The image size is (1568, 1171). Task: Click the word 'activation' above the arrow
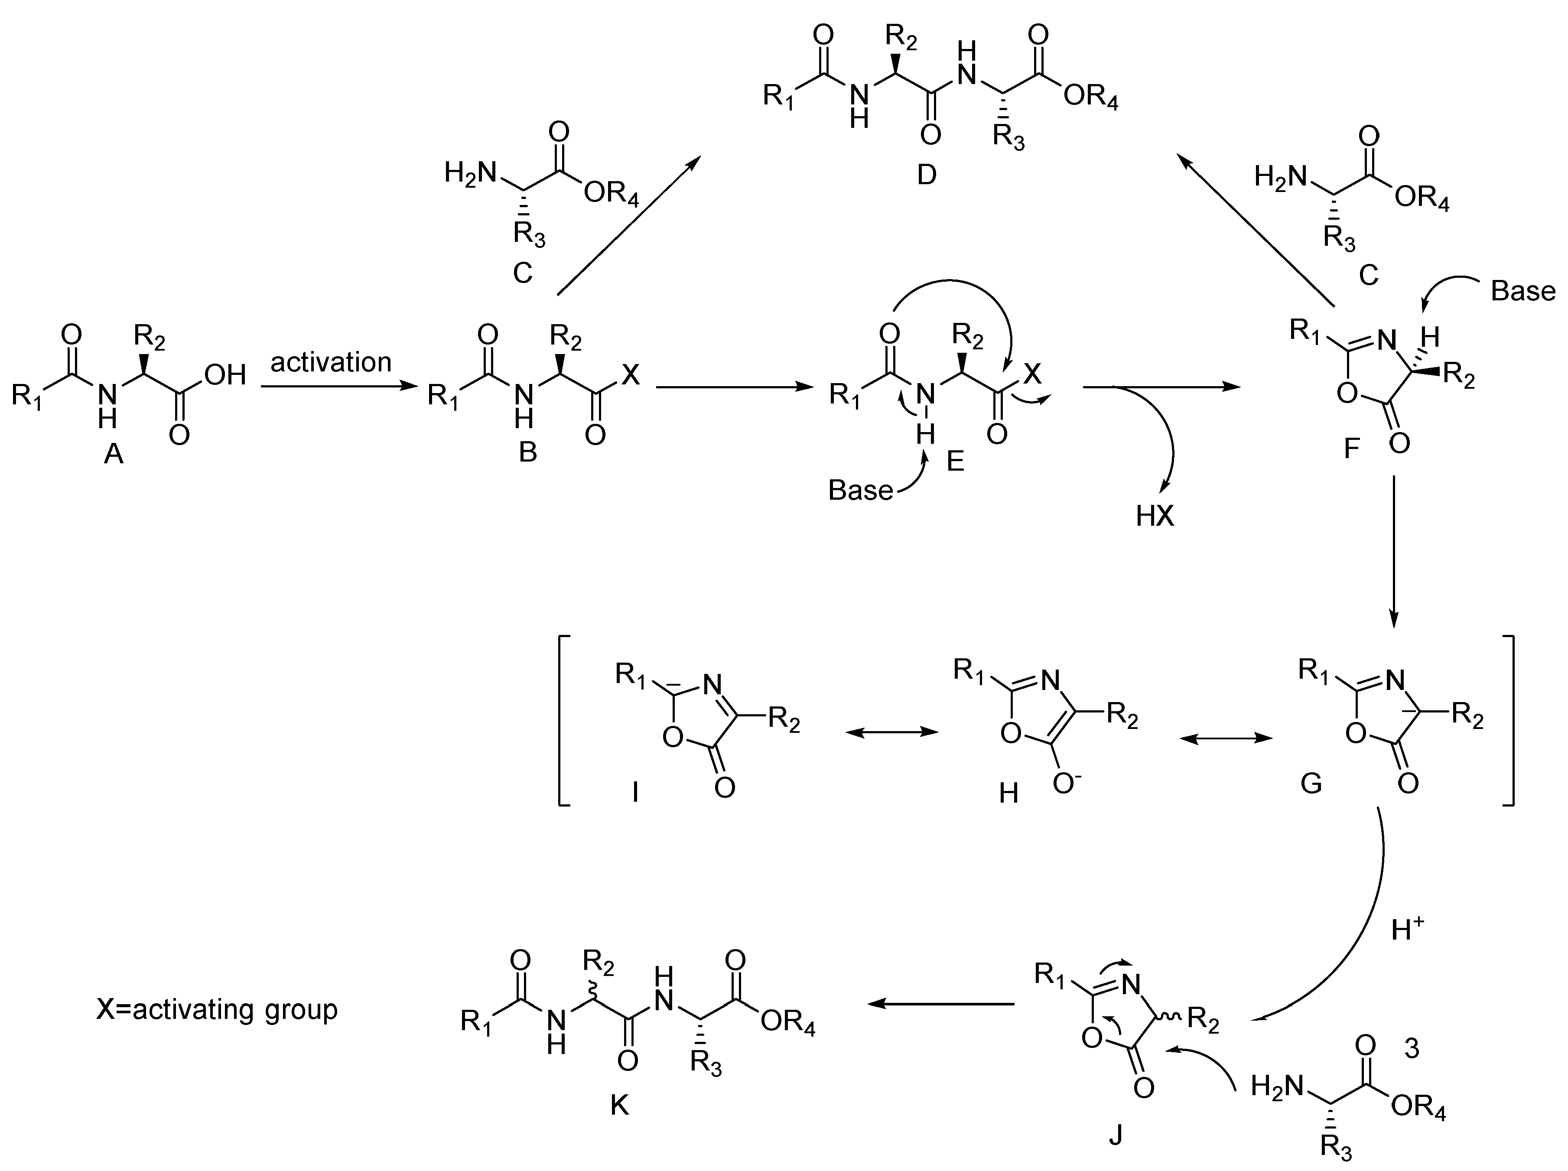pos(331,362)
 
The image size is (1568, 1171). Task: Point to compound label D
pos(927,174)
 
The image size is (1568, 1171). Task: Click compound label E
pos(956,462)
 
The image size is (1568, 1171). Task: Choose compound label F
pos(1352,448)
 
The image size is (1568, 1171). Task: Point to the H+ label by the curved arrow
pos(1407,929)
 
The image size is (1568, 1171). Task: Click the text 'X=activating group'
pos(217,1008)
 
